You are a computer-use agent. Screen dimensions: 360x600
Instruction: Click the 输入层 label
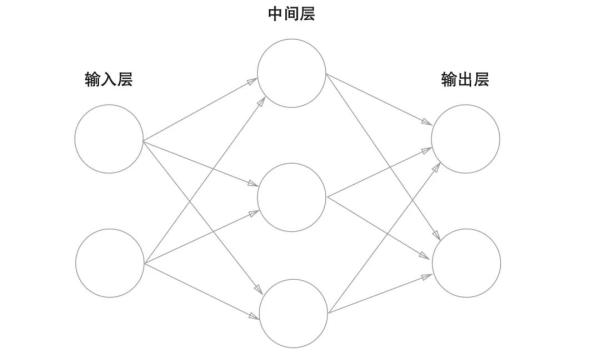[x=108, y=80]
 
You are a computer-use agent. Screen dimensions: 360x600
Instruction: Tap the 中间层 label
[x=291, y=15]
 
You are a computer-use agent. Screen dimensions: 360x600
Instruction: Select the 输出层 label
[x=465, y=80]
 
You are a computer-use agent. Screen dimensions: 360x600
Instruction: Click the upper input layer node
[x=109, y=137]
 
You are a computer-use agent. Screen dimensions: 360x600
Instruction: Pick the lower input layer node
[x=109, y=263]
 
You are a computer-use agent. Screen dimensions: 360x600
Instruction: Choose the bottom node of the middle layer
[x=292, y=313]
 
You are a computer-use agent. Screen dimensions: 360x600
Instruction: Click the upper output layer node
[x=466, y=137]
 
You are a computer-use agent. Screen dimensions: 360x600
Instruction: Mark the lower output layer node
[x=466, y=262]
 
